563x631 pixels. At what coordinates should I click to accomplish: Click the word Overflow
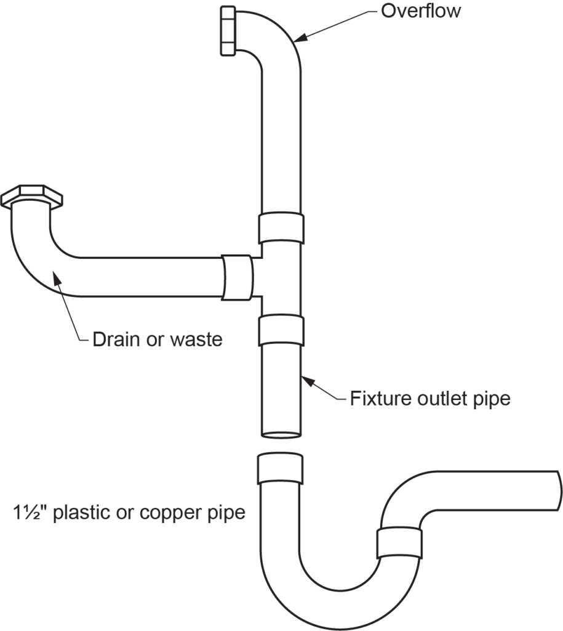point(421,10)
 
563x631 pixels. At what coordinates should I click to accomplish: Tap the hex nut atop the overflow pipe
point(227,31)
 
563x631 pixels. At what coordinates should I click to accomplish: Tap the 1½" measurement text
point(28,512)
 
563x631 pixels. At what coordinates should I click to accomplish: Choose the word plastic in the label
point(82,512)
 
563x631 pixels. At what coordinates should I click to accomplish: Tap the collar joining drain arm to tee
point(237,277)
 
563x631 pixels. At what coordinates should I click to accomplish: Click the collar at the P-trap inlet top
point(279,469)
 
